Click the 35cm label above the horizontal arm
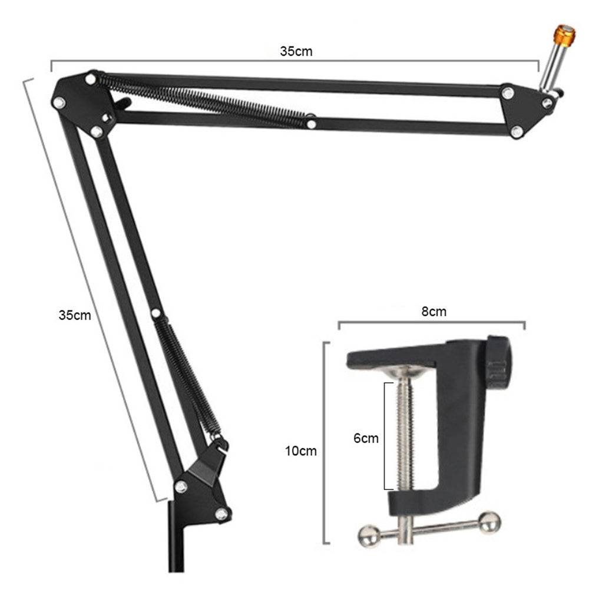(296, 51)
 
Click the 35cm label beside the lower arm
(75, 315)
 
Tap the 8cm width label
(434, 312)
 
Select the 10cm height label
(301, 451)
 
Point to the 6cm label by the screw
(366, 438)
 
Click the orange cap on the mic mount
(564, 35)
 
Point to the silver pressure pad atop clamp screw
(404, 371)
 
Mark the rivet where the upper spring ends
(310, 124)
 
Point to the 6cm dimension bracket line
(385, 436)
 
